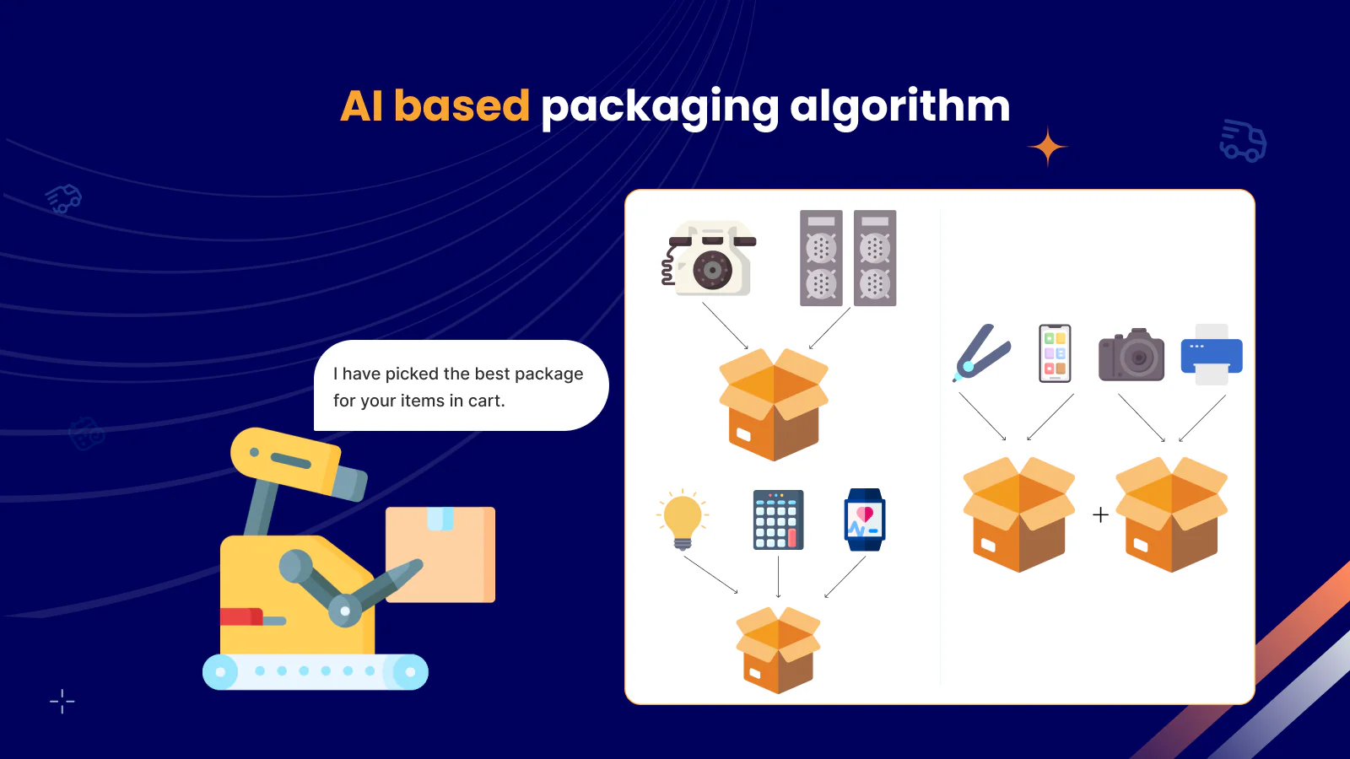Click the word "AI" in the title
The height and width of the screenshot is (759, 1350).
click(x=361, y=106)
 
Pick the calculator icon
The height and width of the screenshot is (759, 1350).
click(x=778, y=519)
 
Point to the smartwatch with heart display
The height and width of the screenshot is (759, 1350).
click(x=865, y=519)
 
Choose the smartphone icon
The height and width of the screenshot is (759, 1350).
click(x=1055, y=353)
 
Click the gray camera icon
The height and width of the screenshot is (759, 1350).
click(x=1131, y=355)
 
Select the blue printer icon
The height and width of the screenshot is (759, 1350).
click(x=1212, y=355)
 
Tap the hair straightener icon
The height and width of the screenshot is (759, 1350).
click(x=981, y=353)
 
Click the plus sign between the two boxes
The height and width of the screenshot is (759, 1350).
click(x=1100, y=514)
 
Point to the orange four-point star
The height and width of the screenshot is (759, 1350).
click(x=1048, y=148)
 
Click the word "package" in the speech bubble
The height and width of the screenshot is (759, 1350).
click(x=548, y=374)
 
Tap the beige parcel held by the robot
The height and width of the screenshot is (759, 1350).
click(x=440, y=554)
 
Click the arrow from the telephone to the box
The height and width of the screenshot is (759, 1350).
click(x=725, y=326)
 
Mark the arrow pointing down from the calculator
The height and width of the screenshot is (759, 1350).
click(x=778, y=577)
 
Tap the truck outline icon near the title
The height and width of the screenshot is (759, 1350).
click(x=1243, y=141)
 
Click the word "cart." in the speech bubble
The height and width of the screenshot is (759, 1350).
click(x=486, y=401)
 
